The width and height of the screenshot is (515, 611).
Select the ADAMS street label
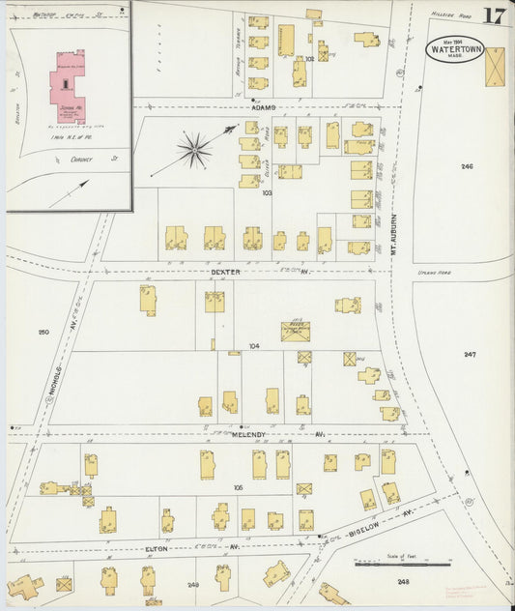tap(264, 107)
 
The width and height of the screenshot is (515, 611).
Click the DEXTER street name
tap(224, 272)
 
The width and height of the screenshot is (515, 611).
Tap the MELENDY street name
tap(249, 435)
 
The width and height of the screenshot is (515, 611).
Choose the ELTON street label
tap(157, 548)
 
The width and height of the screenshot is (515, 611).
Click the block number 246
tap(467, 167)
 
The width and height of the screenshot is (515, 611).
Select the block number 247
tap(469, 355)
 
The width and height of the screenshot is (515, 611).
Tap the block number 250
tap(43, 333)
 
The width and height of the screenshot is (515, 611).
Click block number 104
tap(254, 345)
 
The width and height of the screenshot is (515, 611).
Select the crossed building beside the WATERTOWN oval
tap(494, 67)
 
